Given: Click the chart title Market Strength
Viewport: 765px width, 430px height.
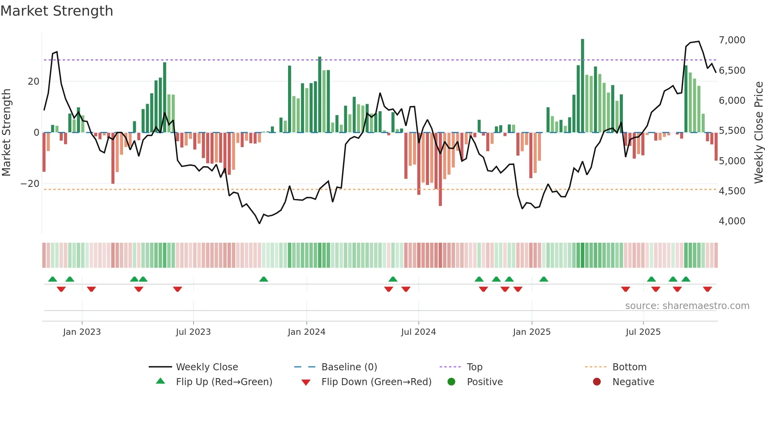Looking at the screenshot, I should [x=57, y=11].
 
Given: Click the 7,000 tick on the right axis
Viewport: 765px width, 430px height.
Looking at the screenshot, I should [x=732, y=40].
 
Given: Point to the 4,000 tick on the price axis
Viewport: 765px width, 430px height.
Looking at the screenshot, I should [x=732, y=221].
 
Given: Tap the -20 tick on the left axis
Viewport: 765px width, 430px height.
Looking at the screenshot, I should [x=30, y=184].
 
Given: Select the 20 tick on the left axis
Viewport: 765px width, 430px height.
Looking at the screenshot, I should [x=34, y=82].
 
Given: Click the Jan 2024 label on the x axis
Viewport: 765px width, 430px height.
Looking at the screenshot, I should [x=306, y=332].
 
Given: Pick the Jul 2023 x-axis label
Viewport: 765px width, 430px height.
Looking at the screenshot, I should [x=193, y=332].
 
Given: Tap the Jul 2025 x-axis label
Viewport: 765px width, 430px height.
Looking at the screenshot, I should [x=643, y=332].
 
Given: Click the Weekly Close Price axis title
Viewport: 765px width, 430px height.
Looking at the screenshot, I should [x=758, y=133].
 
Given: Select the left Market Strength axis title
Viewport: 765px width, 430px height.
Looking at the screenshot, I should [x=6, y=133].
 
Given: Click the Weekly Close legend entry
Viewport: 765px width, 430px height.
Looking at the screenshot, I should [x=207, y=367].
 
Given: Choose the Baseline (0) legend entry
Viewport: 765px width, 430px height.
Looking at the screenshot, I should [x=349, y=367].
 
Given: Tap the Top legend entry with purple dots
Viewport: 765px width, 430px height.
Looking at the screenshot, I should [x=474, y=367].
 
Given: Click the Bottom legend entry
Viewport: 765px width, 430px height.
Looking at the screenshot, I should [x=629, y=367].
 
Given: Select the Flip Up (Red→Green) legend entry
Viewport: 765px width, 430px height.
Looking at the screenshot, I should [x=224, y=382].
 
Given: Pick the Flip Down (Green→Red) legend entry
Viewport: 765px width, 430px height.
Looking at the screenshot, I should [x=376, y=382].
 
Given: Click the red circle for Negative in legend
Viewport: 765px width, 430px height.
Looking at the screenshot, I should [x=597, y=382].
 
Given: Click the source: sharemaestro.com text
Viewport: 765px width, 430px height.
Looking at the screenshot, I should [x=687, y=306].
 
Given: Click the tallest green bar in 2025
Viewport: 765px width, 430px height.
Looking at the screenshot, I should [x=582, y=86].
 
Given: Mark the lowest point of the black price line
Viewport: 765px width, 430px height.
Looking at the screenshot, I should [x=260, y=223].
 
